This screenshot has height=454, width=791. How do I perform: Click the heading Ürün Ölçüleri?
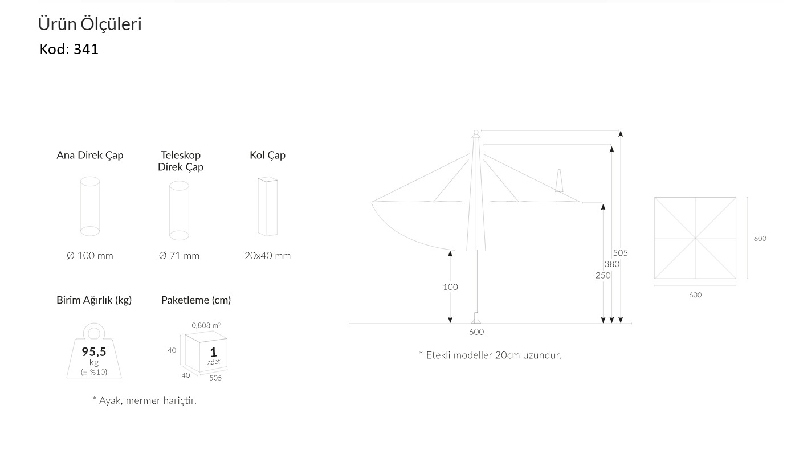coord(89,24)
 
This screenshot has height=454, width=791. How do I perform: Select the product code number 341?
coord(86,49)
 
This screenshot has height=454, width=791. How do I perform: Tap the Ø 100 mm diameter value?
coord(90,256)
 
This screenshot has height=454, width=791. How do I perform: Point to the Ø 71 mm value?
coord(179,256)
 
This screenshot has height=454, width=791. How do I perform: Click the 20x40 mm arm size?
coord(268,256)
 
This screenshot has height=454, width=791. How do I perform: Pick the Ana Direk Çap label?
coord(90,156)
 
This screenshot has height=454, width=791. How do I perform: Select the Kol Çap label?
coord(268,156)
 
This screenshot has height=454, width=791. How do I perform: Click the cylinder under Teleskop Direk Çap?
coord(179,210)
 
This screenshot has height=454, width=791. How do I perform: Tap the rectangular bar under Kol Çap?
coord(268,207)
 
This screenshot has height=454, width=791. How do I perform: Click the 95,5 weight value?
coord(94,351)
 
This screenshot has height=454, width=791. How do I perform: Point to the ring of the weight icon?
coord(94,333)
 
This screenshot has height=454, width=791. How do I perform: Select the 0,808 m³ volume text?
coord(206,325)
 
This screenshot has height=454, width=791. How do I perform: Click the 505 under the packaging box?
coord(215,378)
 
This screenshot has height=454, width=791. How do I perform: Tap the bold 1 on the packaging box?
coord(213,352)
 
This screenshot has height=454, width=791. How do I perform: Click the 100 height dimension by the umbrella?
coord(450,287)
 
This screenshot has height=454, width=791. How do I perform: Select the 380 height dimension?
coord(612,264)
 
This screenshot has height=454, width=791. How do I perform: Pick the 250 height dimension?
coord(603,275)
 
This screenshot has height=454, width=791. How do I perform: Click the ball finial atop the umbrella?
coord(476,132)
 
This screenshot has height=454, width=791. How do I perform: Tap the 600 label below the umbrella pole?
coord(476,332)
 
